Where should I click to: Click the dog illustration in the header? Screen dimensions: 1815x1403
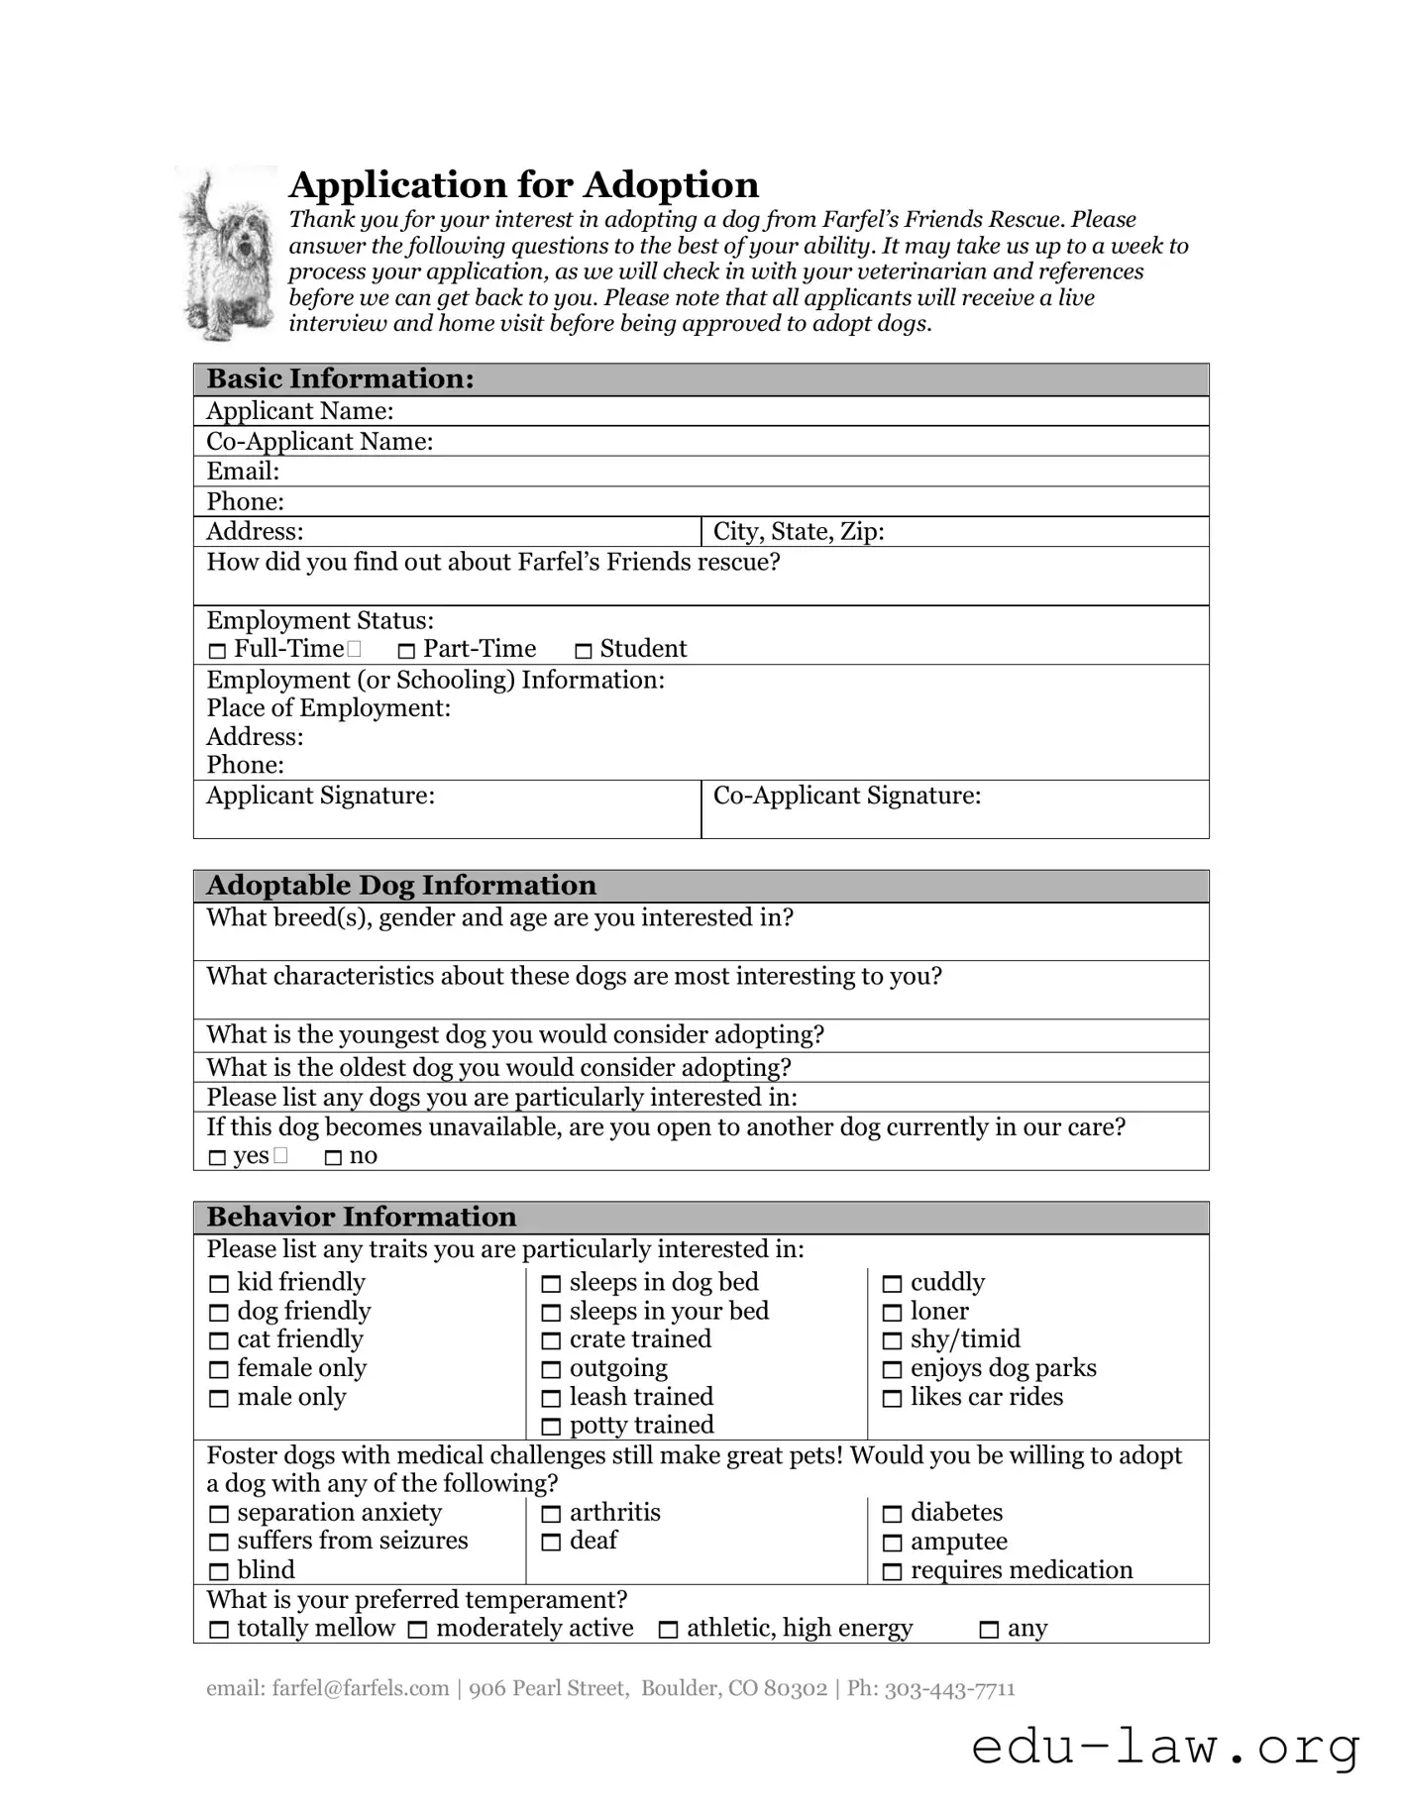(x=226, y=255)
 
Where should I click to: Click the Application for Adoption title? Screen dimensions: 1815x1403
(x=523, y=185)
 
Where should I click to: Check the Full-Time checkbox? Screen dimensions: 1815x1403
(x=218, y=652)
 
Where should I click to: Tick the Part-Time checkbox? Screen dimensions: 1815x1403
(x=406, y=652)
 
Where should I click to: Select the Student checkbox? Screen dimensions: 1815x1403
(x=584, y=652)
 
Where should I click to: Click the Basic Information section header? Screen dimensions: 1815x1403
(x=340, y=379)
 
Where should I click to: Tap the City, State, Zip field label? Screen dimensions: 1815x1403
(x=798, y=532)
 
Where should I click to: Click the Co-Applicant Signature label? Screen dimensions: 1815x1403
(x=846, y=797)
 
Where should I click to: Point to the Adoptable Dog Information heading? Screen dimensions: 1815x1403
(x=400, y=886)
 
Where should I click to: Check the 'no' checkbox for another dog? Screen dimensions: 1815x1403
(x=334, y=1158)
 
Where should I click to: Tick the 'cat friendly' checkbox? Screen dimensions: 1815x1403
(x=219, y=1341)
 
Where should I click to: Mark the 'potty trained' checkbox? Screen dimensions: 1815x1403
(x=551, y=1428)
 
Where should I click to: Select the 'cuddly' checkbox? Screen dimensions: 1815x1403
(x=893, y=1285)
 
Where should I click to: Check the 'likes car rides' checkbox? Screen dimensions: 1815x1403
(x=893, y=1399)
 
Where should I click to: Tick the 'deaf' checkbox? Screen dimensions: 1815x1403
(x=551, y=1543)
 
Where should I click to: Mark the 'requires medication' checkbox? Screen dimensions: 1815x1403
(x=893, y=1572)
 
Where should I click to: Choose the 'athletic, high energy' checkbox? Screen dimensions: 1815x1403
(x=669, y=1630)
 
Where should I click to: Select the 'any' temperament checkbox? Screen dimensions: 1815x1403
(x=989, y=1630)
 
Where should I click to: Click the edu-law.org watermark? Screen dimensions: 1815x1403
(x=1165, y=1746)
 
